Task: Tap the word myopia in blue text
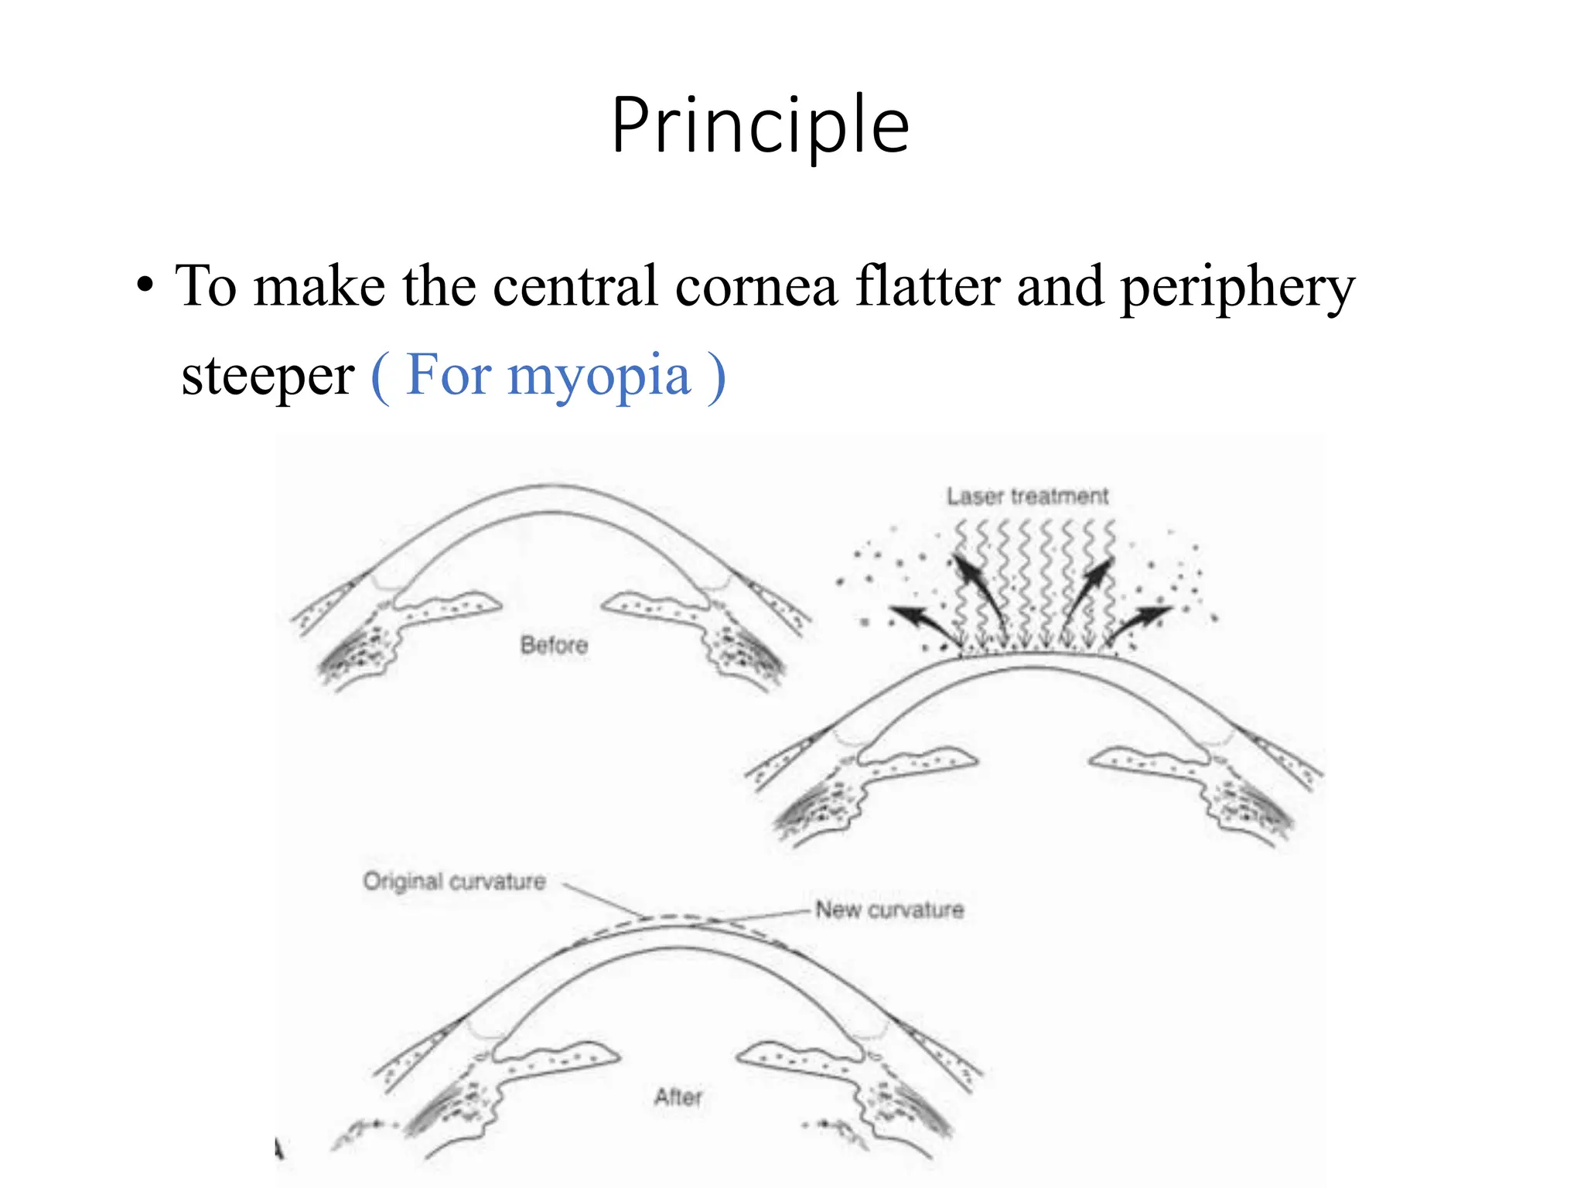[x=599, y=377]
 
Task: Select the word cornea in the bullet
[x=756, y=286]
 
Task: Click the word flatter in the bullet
[x=928, y=286]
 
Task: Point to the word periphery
[x=1237, y=288]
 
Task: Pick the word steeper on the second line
[x=268, y=377]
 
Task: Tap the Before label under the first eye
[x=554, y=644]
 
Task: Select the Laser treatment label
[x=1027, y=496]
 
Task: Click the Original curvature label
[x=454, y=881]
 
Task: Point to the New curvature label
[x=889, y=910]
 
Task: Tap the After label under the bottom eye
[x=678, y=1097]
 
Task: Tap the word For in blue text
[x=449, y=377]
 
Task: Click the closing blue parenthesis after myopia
[x=717, y=377]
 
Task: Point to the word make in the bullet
[x=319, y=286]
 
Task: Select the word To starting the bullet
[x=206, y=286]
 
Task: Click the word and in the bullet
[x=1060, y=286]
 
